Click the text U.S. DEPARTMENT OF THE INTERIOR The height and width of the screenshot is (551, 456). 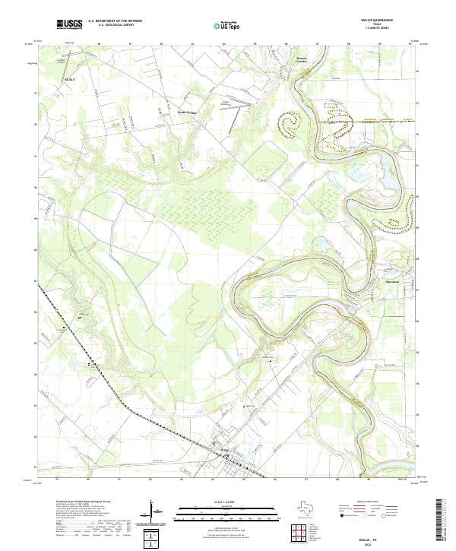tap(115, 21)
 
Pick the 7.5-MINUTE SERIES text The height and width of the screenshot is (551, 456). tap(389, 30)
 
